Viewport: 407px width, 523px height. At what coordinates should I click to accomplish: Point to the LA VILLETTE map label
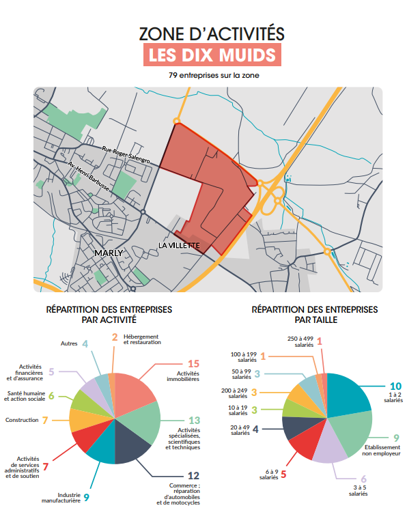(x=178, y=244)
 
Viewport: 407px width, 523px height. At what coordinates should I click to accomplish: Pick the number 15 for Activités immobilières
(x=193, y=364)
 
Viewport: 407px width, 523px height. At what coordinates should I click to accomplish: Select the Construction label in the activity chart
(x=23, y=420)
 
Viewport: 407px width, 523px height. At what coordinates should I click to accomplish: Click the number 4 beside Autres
(x=85, y=343)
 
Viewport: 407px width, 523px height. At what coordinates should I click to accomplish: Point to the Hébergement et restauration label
(x=142, y=339)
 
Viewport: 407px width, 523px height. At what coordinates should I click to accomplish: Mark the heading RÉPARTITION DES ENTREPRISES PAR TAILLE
(x=314, y=314)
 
